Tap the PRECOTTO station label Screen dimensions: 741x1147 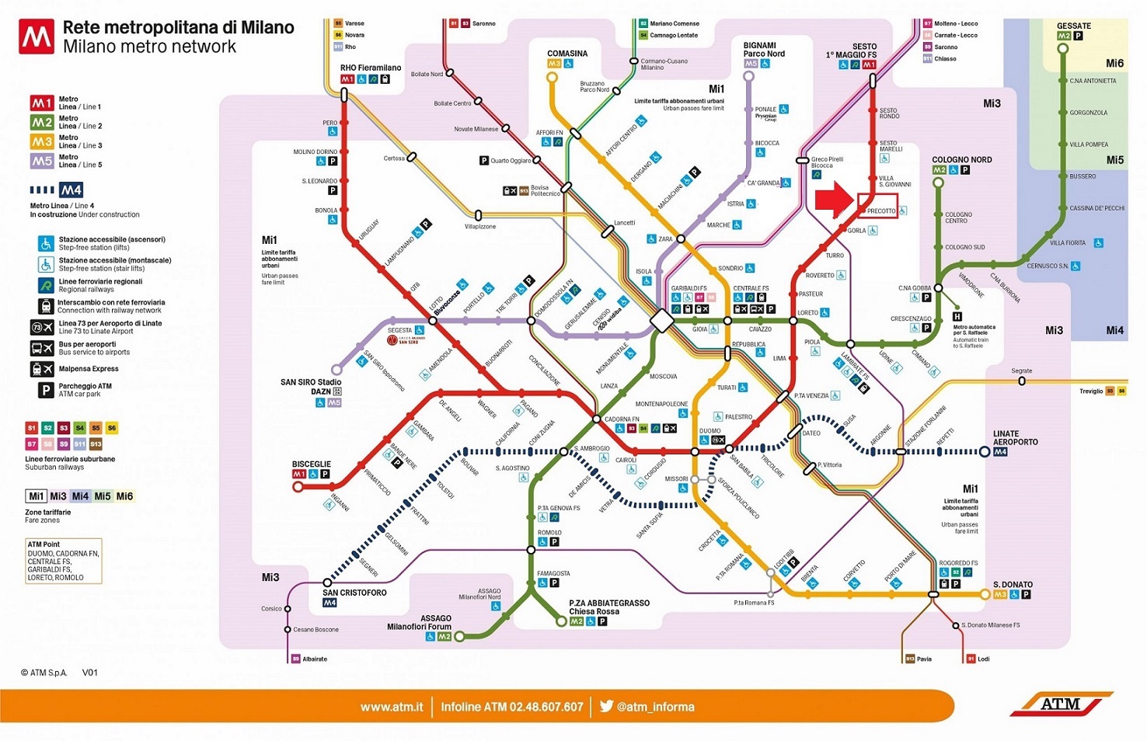(x=881, y=211)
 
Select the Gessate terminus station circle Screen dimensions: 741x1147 (x=1063, y=49)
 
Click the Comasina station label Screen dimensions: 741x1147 (x=567, y=54)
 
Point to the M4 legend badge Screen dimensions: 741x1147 (x=71, y=190)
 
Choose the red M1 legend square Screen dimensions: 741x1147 (x=42, y=103)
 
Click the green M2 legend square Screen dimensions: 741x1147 (x=42, y=123)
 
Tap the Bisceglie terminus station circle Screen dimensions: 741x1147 (x=298, y=487)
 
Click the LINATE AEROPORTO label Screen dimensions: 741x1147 (x=1015, y=438)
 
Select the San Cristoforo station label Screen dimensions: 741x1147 (x=354, y=593)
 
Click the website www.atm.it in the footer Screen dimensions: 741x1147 (x=392, y=707)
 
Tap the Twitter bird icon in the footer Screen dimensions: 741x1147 (x=606, y=706)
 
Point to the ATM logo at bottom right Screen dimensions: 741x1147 (x=1061, y=704)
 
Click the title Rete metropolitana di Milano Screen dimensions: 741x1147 (x=178, y=27)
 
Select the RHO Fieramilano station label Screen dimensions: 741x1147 (x=371, y=68)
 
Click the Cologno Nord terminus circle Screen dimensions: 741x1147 (x=938, y=183)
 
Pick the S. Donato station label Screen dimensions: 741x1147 (x=1013, y=584)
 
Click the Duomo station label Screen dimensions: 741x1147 (x=709, y=430)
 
